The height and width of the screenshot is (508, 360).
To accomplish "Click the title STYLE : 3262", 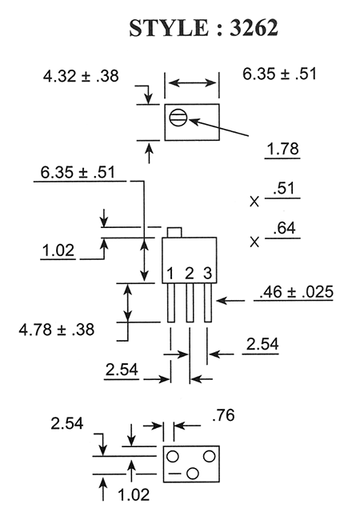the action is pyautogui.click(x=203, y=28).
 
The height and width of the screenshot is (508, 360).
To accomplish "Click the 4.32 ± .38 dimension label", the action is pyautogui.click(x=81, y=76).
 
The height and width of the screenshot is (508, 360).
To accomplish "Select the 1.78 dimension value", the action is pyautogui.click(x=282, y=149).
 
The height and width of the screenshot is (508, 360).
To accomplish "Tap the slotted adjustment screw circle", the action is pyautogui.click(x=178, y=118).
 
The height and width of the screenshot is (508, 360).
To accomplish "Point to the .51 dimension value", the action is pyautogui.click(x=284, y=189).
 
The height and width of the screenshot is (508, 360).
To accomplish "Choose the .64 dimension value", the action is pyautogui.click(x=284, y=228).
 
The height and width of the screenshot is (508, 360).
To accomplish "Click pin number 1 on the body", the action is pyautogui.click(x=170, y=274).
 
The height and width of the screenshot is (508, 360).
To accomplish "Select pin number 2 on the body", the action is pyautogui.click(x=190, y=274).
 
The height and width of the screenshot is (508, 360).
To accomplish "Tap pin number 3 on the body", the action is pyautogui.click(x=208, y=274).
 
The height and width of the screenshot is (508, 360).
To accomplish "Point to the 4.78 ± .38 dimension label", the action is pyautogui.click(x=56, y=330).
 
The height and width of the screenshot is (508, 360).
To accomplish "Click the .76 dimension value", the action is pyautogui.click(x=223, y=415).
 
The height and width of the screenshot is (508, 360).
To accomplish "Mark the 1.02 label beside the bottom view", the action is pyautogui.click(x=134, y=494).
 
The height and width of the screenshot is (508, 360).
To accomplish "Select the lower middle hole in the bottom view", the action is pyautogui.click(x=193, y=474).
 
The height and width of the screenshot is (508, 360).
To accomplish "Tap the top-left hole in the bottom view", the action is pyautogui.click(x=172, y=457).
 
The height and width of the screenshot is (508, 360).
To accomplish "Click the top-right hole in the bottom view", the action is pyautogui.click(x=209, y=457).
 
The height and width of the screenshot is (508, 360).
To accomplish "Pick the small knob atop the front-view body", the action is pyautogui.click(x=174, y=232).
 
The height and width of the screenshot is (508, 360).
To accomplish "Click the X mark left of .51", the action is pyautogui.click(x=254, y=202).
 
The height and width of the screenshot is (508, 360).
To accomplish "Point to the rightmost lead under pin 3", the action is pyautogui.click(x=208, y=303).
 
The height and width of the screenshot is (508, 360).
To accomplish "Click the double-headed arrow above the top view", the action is pyautogui.click(x=192, y=82).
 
